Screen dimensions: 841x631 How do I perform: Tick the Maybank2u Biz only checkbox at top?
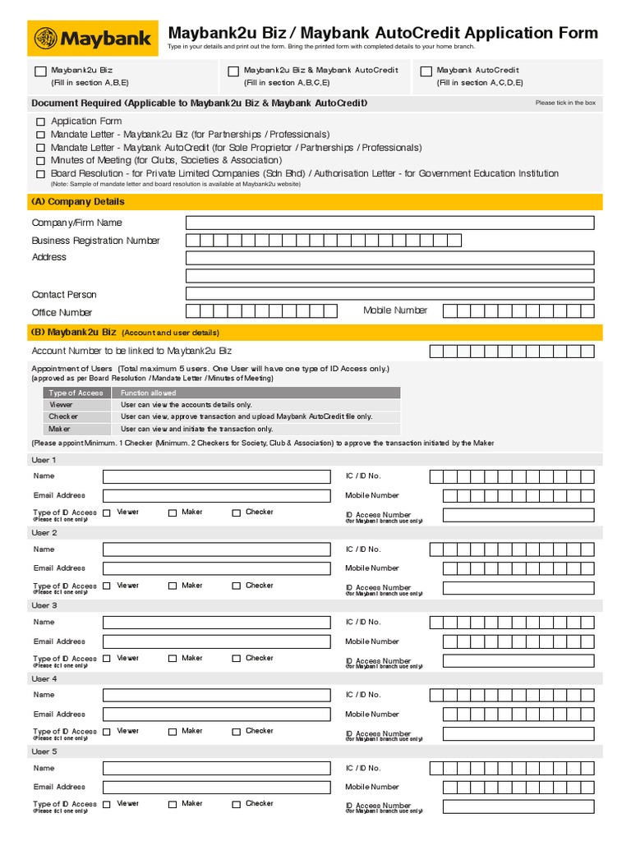point(41,72)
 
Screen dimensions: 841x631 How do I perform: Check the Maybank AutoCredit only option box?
point(426,72)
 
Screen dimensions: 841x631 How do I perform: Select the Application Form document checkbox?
point(40,122)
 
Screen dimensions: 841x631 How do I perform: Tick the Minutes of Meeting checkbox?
point(40,161)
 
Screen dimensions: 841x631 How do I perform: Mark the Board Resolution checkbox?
point(40,174)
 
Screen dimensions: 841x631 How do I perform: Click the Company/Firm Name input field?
point(389,223)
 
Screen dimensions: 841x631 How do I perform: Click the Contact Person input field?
point(389,294)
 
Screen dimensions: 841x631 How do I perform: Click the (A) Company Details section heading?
point(78,202)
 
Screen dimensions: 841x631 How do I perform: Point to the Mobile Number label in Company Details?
point(395,310)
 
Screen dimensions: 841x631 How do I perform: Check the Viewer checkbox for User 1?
point(108,513)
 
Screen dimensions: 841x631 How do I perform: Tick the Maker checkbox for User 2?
point(173,586)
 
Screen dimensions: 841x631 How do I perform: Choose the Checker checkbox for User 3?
point(236,659)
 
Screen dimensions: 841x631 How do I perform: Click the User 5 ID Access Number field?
point(518,807)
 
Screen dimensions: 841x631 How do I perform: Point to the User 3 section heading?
point(44,605)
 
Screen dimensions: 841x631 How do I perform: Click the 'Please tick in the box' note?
point(565,103)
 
